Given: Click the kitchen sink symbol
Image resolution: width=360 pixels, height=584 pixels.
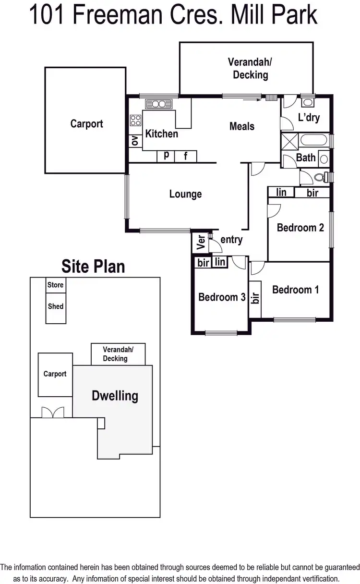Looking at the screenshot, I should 159,103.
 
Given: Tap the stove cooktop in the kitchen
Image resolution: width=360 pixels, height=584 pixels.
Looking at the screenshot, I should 136,120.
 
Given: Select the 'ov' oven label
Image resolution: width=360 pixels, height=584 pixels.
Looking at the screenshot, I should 135,140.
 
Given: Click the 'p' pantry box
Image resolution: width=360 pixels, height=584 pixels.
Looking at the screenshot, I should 166,156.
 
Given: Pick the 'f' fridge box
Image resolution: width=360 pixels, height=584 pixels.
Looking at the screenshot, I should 185,156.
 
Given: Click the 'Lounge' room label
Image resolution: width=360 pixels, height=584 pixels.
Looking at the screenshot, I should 185,194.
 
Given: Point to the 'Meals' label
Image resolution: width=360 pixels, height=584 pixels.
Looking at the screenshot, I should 242,126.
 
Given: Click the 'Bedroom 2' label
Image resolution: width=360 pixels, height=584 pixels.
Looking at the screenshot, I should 300,228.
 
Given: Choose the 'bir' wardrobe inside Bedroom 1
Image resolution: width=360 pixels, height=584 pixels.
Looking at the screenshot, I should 255,298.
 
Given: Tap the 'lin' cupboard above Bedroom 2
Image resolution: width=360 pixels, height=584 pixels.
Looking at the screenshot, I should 281,193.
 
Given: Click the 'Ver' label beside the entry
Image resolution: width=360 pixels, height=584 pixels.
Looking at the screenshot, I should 200,243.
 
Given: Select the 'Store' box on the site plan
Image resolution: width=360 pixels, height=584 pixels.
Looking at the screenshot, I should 56,285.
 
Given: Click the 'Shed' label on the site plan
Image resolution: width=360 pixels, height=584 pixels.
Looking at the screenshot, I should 56,306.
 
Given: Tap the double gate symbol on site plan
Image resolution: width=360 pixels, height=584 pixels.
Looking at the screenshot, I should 52,412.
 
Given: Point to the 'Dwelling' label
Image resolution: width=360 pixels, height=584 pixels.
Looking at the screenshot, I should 115,396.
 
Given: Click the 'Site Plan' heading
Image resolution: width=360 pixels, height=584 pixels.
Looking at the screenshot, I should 93,266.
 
